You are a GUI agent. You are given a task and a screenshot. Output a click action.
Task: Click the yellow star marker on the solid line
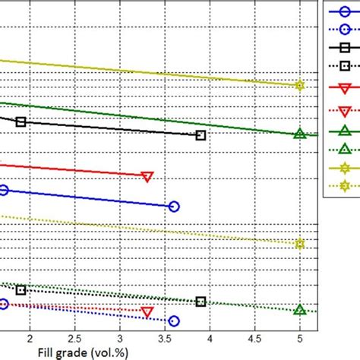click(299, 86)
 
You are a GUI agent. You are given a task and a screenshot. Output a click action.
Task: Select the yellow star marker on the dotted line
click(299, 244)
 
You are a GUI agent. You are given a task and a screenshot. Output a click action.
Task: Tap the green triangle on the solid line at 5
click(299, 134)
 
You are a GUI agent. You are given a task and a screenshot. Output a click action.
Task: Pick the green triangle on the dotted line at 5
click(299, 310)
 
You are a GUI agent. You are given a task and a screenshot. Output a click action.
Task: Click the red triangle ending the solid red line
click(147, 176)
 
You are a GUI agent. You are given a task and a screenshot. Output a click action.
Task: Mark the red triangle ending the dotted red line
click(147, 312)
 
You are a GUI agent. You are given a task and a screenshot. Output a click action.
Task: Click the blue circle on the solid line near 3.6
click(174, 207)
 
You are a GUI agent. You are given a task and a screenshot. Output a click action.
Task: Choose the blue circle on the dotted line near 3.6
click(174, 321)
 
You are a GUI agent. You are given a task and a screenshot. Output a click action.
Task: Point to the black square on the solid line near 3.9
click(201, 135)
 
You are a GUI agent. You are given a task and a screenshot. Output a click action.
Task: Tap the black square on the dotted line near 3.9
click(201, 302)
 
